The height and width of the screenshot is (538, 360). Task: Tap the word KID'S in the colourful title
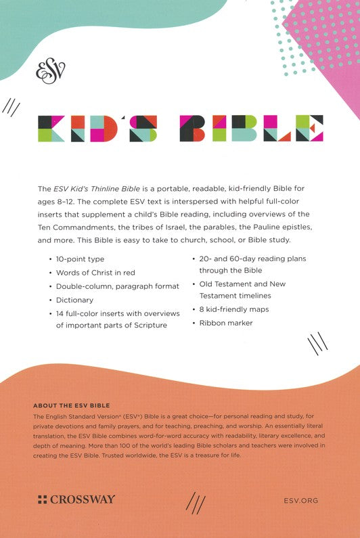coord(97,129)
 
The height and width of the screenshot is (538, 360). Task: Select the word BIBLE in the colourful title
coord(252,129)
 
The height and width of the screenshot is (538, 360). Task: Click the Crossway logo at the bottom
coord(76,499)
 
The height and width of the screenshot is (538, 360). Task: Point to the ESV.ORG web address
coord(298,500)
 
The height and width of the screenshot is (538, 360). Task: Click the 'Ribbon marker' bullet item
coord(225,323)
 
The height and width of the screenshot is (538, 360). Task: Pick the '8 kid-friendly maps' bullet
coord(233,309)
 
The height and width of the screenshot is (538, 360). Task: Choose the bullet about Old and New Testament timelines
coord(242,290)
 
